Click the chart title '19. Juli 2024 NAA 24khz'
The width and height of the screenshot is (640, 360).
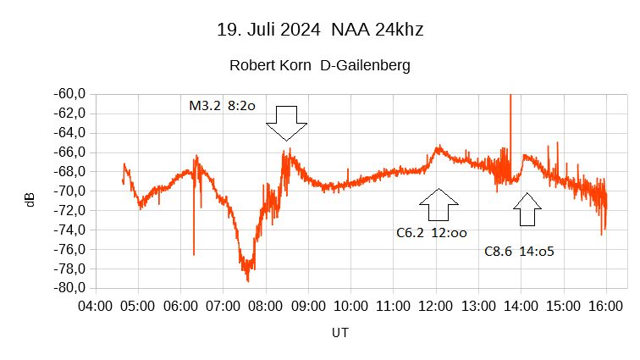pyautogui.click(x=320, y=30)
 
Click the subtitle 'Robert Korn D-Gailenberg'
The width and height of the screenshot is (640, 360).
pyautogui.click(x=320, y=65)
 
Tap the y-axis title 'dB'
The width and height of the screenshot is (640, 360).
pyautogui.click(x=31, y=200)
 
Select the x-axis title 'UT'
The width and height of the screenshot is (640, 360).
pyautogui.click(x=339, y=333)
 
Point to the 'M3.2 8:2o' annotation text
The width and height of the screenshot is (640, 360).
pyautogui.click(x=222, y=107)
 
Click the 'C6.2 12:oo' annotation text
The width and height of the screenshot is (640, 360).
pyautogui.click(x=432, y=232)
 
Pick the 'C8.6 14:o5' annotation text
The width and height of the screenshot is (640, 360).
pyautogui.click(x=519, y=252)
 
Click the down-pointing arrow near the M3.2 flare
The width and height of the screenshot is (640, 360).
pyautogui.click(x=286, y=123)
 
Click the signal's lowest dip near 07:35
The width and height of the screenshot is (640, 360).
pyautogui.click(x=248, y=280)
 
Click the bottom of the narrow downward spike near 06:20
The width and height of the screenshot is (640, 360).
pyautogui.click(x=194, y=253)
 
